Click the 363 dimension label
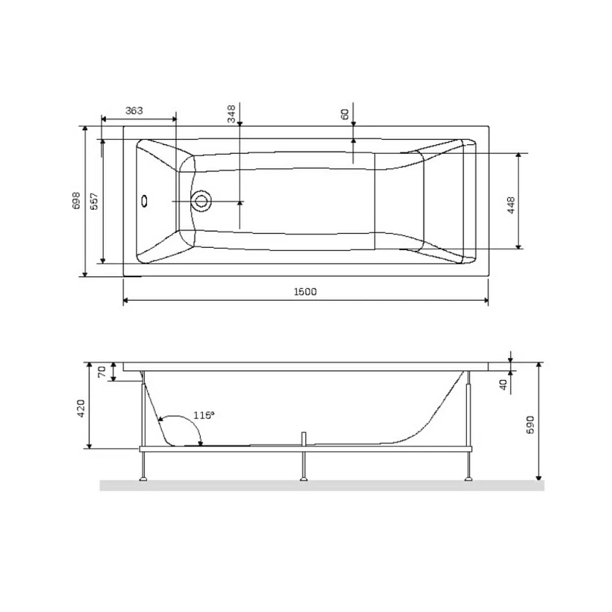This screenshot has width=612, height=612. click(134, 110)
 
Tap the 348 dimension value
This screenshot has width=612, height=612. click(232, 114)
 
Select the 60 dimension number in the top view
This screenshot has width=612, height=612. click(345, 114)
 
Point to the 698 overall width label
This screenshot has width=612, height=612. click(76, 200)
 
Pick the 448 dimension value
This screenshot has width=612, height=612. click(511, 205)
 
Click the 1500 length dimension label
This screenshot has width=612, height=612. click(305, 292)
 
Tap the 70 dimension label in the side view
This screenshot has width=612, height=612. click(101, 371)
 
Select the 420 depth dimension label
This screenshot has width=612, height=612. click(81, 408)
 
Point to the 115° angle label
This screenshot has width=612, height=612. click(204, 415)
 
